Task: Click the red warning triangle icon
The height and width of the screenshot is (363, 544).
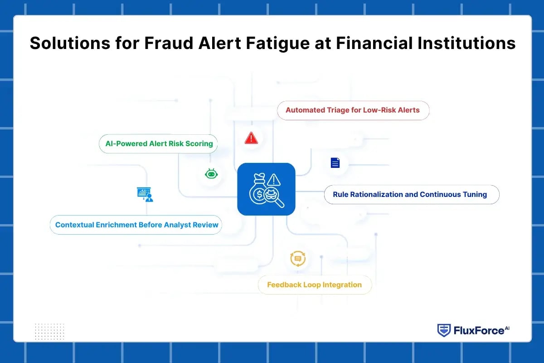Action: (251, 138)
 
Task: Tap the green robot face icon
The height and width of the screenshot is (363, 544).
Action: (210, 174)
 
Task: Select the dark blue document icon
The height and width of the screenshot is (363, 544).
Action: (335, 162)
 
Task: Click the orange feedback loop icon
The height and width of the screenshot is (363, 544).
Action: (298, 259)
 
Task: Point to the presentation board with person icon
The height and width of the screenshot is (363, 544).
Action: (145, 194)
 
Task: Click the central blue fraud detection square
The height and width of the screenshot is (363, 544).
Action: (266, 189)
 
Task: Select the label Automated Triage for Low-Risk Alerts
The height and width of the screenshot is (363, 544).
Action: (353, 110)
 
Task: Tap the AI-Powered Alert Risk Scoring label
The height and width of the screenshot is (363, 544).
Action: (159, 143)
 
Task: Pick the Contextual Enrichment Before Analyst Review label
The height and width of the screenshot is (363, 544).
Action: (136, 225)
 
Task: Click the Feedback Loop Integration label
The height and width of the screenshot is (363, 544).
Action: (314, 285)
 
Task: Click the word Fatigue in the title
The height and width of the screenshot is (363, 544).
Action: (257, 43)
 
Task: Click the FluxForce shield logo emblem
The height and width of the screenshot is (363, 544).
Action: (443, 330)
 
